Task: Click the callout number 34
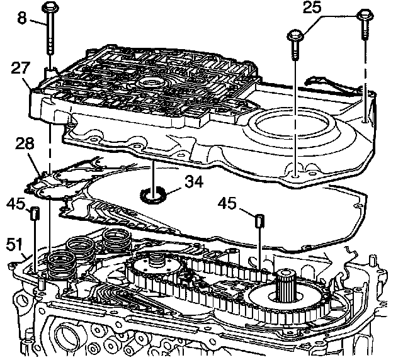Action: coord(192,183)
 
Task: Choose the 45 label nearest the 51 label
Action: coord(18,203)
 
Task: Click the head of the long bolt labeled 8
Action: coord(51,8)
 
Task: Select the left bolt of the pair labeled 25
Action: coord(294,37)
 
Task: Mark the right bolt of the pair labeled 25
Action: coord(365,16)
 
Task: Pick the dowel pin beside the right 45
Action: coord(258,222)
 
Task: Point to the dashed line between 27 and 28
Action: coord(48,145)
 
